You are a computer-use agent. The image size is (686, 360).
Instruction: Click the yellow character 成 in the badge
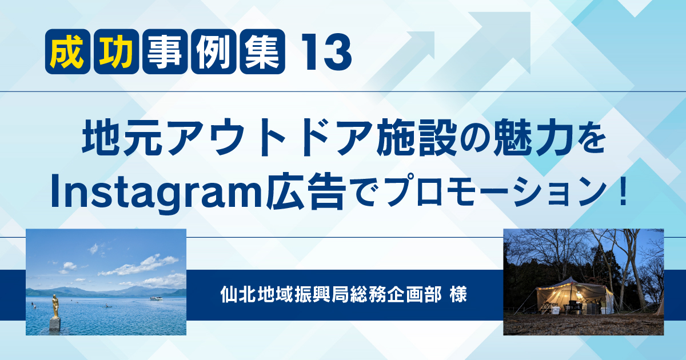[67, 51]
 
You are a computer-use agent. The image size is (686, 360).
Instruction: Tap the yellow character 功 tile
[117, 51]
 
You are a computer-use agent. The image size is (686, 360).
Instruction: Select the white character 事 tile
[165, 51]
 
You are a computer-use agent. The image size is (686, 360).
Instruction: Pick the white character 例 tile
[214, 51]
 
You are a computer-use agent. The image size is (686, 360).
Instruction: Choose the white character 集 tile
[262, 51]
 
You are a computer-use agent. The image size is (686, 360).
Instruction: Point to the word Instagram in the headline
[156, 194]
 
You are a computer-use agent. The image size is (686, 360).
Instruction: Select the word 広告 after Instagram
[306, 192]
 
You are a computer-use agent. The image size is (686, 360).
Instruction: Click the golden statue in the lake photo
[55, 306]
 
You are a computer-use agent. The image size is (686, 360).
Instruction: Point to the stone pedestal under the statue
[55, 324]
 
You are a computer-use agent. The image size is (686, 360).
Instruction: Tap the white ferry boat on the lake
[156, 298]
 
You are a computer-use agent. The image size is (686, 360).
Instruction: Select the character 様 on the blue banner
[458, 295]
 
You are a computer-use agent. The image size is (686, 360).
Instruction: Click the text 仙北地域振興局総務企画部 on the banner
[331, 295]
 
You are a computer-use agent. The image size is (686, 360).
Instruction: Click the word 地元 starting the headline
[122, 138]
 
